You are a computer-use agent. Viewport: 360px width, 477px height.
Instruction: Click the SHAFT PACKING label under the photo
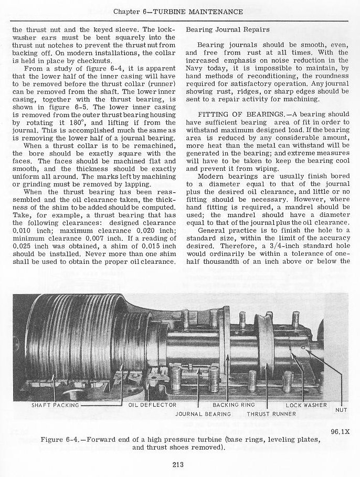(55, 405)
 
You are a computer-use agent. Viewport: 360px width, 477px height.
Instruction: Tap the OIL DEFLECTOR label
(149, 405)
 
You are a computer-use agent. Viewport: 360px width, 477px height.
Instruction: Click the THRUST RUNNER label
(271, 413)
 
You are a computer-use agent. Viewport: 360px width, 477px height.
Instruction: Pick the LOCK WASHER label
(306, 405)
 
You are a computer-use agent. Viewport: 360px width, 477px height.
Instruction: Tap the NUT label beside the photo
(342, 410)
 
